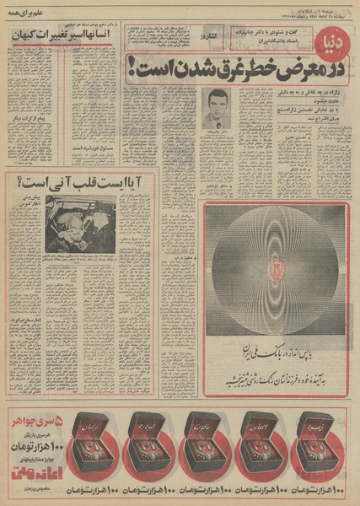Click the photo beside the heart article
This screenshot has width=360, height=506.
[80, 224]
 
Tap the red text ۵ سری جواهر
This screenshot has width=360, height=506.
[35, 418]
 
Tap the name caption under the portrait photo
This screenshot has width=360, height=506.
[217, 133]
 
